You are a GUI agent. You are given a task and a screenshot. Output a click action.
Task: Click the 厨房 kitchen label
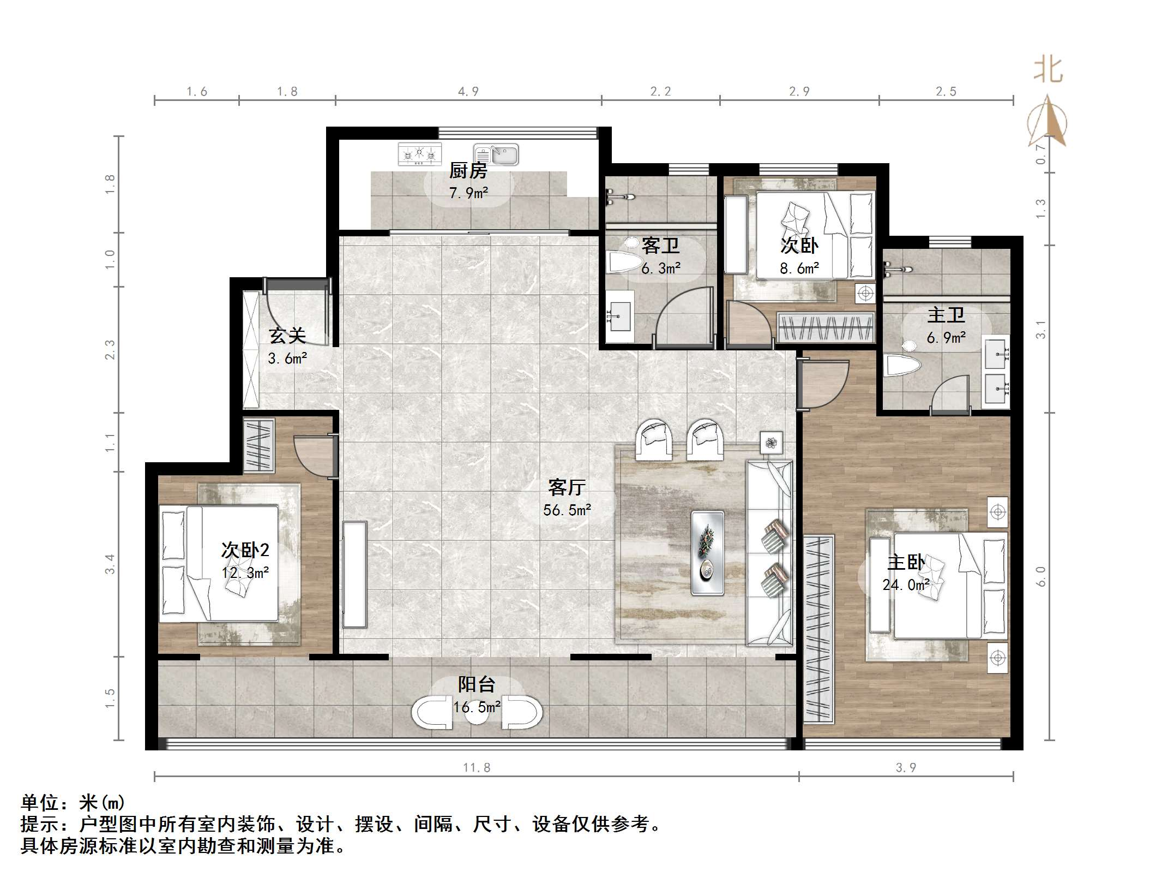[468, 171]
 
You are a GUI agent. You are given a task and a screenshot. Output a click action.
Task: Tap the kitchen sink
[496, 154]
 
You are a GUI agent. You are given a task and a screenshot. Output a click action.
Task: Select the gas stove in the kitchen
[419, 154]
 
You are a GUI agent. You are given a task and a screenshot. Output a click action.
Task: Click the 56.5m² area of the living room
[567, 510]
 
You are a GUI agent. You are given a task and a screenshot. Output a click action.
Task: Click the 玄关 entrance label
[287, 335]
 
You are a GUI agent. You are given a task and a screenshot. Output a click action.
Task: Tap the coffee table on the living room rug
[708, 552]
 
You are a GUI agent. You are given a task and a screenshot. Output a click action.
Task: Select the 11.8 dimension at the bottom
[477, 767]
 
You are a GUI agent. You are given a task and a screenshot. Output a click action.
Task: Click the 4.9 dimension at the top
[468, 91]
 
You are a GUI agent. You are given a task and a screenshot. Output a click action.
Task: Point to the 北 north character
[1047, 70]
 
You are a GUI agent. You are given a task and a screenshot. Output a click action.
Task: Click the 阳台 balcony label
[477, 684]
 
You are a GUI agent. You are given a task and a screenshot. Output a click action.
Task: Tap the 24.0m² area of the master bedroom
[906, 584]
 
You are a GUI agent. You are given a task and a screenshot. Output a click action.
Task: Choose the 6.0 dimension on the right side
[1040, 576]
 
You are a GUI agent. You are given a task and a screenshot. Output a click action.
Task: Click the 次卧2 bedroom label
[245, 550]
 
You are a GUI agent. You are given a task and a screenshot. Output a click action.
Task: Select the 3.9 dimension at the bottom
[906, 767]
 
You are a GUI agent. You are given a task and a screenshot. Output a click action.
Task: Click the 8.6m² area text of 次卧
[799, 268]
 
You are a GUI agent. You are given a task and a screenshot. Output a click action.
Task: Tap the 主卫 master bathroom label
[946, 315]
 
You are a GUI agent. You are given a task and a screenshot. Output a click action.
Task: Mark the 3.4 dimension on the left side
[110, 564]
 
